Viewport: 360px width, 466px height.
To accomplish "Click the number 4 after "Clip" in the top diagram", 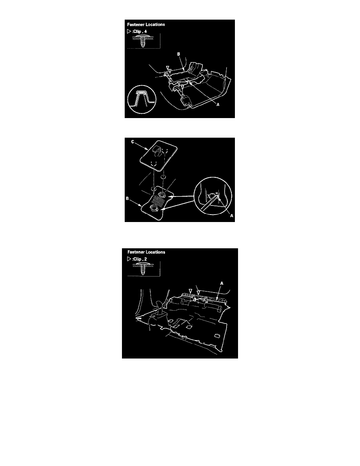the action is (x=145, y=31).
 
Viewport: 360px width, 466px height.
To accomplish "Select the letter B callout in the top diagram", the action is (x=178, y=54).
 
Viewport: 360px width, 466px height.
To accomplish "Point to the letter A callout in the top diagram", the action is (x=218, y=105).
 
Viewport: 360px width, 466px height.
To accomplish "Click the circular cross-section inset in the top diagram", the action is (x=142, y=99).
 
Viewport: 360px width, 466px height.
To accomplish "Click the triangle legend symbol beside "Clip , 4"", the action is (x=129, y=31).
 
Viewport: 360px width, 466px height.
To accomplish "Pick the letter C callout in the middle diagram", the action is (x=133, y=142).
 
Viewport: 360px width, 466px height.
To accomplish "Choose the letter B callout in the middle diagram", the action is (x=127, y=198).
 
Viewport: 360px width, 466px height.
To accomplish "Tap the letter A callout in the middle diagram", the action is (x=232, y=216).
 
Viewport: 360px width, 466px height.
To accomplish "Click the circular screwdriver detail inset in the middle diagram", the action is (x=213, y=196).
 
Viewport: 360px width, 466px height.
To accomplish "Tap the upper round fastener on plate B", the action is (x=162, y=195).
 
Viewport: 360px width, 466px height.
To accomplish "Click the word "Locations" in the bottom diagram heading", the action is (x=155, y=252).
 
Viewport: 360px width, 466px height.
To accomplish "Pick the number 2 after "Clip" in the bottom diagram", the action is (x=145, y=259).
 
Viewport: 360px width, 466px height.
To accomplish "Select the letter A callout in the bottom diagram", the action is (x=222, y=284).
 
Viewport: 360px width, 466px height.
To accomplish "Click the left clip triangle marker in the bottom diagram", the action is (x=191, y=291).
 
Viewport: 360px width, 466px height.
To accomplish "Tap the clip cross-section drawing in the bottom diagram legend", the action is (x=144, y=269).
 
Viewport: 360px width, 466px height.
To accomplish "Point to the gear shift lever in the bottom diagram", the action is (x=158, y=309).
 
